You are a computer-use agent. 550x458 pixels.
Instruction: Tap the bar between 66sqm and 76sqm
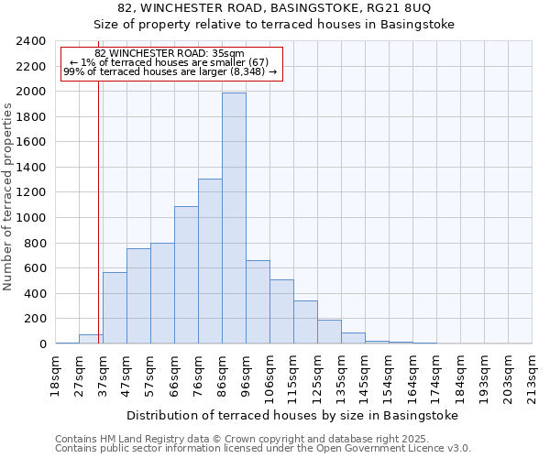click(x=186, y=275)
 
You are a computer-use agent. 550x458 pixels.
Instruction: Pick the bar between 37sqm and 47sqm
click(x=115, y=308)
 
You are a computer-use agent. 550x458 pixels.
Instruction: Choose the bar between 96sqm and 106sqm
click(x=258, y=302)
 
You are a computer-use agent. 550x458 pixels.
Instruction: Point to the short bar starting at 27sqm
click(x=91, y=339)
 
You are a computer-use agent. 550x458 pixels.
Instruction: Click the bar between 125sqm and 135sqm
click(x=329, y=332)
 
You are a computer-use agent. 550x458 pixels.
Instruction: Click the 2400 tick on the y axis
click(x=32, y=41)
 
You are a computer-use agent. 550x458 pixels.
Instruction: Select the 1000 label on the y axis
click(x=32, y=218)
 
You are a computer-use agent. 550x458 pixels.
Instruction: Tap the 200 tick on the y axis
click(x=36, y=319)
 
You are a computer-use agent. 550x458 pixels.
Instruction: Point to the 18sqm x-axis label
click(x=56, y=373)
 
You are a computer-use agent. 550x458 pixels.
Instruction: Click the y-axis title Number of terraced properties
click(x=8, y=197)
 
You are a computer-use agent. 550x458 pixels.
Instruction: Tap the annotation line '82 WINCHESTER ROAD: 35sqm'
click(x=170, y=53)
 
